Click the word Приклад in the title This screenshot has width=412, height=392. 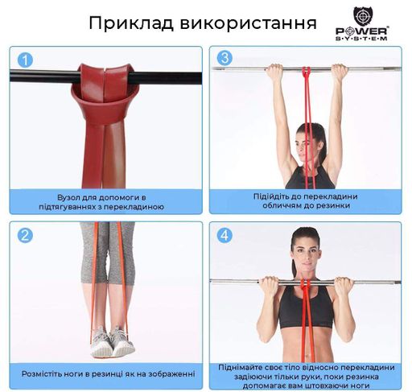(131, 23)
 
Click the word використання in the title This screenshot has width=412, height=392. (248, 23)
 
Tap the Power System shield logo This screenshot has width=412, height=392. (364, 16)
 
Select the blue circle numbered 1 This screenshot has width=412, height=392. (25, 60)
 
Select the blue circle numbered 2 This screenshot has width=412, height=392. (25, 236)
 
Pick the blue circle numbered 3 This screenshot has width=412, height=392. (225, 58)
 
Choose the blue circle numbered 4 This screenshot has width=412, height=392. (225, 236)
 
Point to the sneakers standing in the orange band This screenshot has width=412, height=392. (113, 341)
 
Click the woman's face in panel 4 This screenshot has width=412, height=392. (305, 255)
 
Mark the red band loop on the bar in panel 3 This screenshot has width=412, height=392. (306, 72)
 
